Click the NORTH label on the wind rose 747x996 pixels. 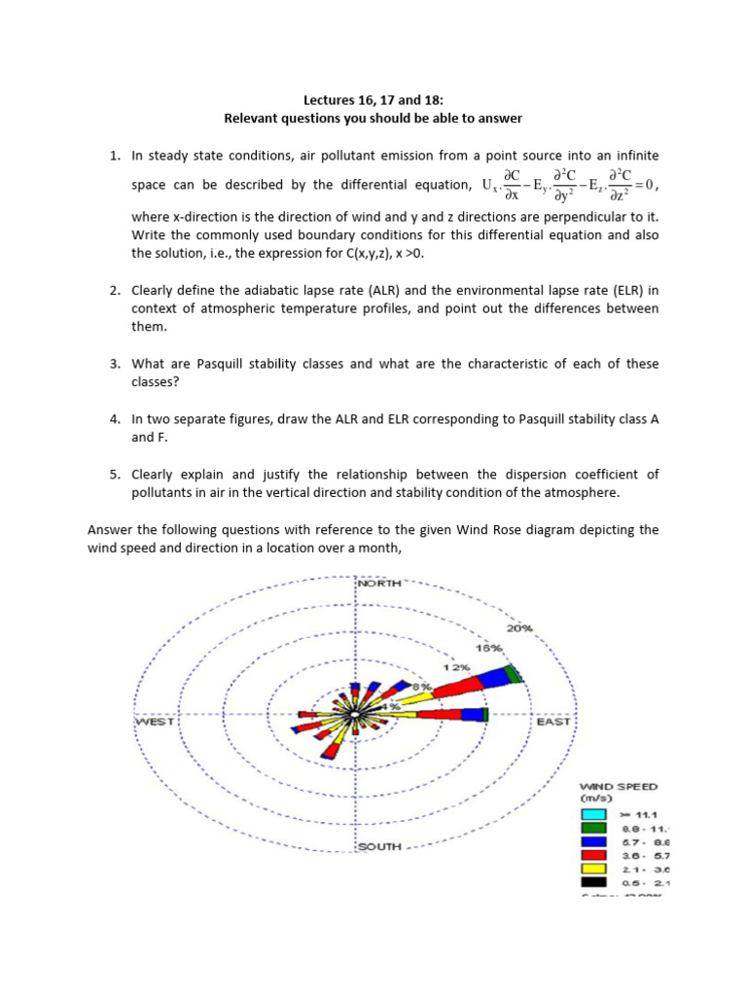(x=380, y=584)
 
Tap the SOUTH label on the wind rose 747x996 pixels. (x=379, y=847)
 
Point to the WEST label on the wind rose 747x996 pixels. (x=154, y=722)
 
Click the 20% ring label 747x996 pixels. (x=518, y=628)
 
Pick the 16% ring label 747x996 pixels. (x=488, y=648)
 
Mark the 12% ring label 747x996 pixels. (x=457, y=668)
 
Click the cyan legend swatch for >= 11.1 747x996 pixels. (x=593, y=814)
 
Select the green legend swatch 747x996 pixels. (x=593, y=828)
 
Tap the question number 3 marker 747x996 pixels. (x=114, y=364)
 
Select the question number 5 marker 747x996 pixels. (x=114, y=475)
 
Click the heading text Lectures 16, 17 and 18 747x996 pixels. (x=373, y=98)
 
